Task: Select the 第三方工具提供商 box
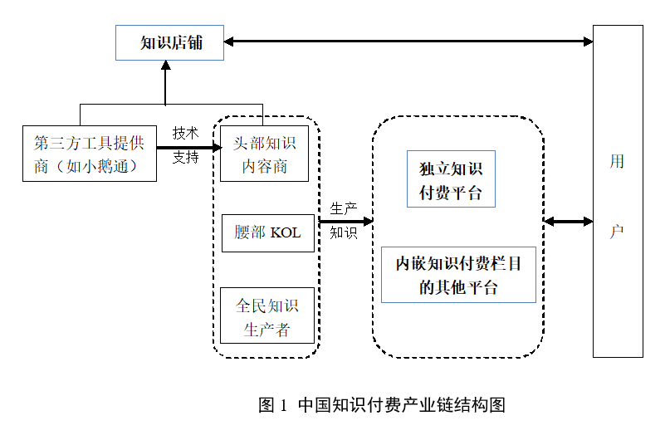(89, 154)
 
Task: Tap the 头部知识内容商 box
(264, 154)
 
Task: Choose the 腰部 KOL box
(267, 233)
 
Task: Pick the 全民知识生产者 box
(267, 315)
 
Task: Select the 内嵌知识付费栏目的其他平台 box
(458, 275)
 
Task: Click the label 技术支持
(185, 144)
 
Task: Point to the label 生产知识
(344, 221)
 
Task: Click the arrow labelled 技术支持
(187, 148)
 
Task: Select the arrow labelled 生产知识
(345, 222)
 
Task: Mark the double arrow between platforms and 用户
(569, 222)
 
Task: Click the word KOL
(286, 233)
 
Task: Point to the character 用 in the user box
(617, 162)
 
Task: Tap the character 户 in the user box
(617, 232)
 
